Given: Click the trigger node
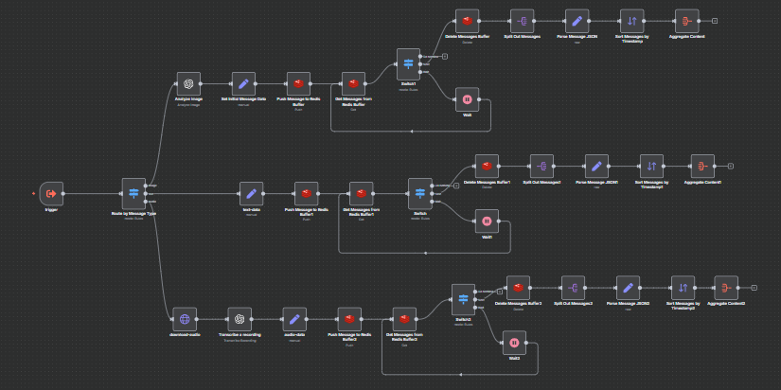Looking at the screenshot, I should [51, 193].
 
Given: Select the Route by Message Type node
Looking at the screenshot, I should [133, 193].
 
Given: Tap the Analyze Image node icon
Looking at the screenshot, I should [188, 83].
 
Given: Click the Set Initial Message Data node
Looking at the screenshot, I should [243, 83].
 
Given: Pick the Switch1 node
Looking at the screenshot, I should [409, 62].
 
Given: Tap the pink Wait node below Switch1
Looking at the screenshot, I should [466, 98].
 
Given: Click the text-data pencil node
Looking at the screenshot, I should [251, 193].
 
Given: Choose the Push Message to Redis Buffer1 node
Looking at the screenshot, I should [306, 193].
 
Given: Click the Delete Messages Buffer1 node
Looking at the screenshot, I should [487, 166].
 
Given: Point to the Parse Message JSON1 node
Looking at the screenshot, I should [596, 166].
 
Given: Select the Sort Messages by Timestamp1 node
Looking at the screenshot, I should [650, 166].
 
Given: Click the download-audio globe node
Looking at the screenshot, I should [184, 319].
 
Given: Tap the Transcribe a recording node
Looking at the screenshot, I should [240, 319].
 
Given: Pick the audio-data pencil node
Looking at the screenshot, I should [294, 319].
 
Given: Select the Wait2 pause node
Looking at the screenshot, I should [514, 344].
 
